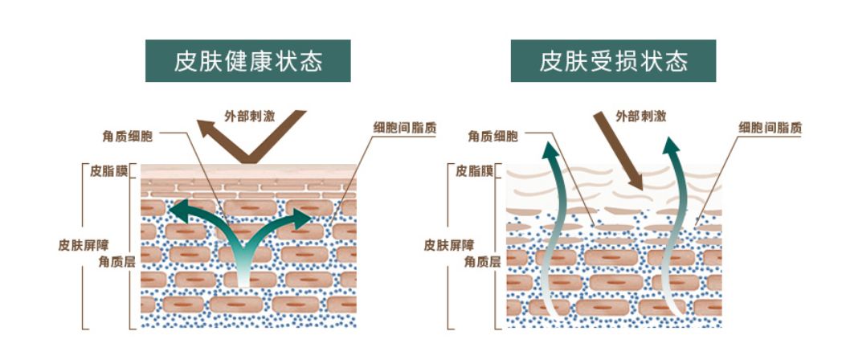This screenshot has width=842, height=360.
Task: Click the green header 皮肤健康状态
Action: [247, 61]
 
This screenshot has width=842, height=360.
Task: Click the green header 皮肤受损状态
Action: [613, 61]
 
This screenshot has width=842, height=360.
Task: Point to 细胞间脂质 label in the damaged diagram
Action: [770, 127]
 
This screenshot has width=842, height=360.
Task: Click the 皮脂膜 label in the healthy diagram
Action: [107, 171]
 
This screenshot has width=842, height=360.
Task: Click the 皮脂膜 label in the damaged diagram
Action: [472, 171]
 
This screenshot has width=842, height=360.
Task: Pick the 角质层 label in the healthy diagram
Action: [115, 261]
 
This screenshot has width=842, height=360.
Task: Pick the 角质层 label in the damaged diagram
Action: [482, 261]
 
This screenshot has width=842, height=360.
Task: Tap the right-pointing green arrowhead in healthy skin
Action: [303, 217]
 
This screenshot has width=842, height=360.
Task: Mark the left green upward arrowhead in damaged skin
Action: [550, 150]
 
